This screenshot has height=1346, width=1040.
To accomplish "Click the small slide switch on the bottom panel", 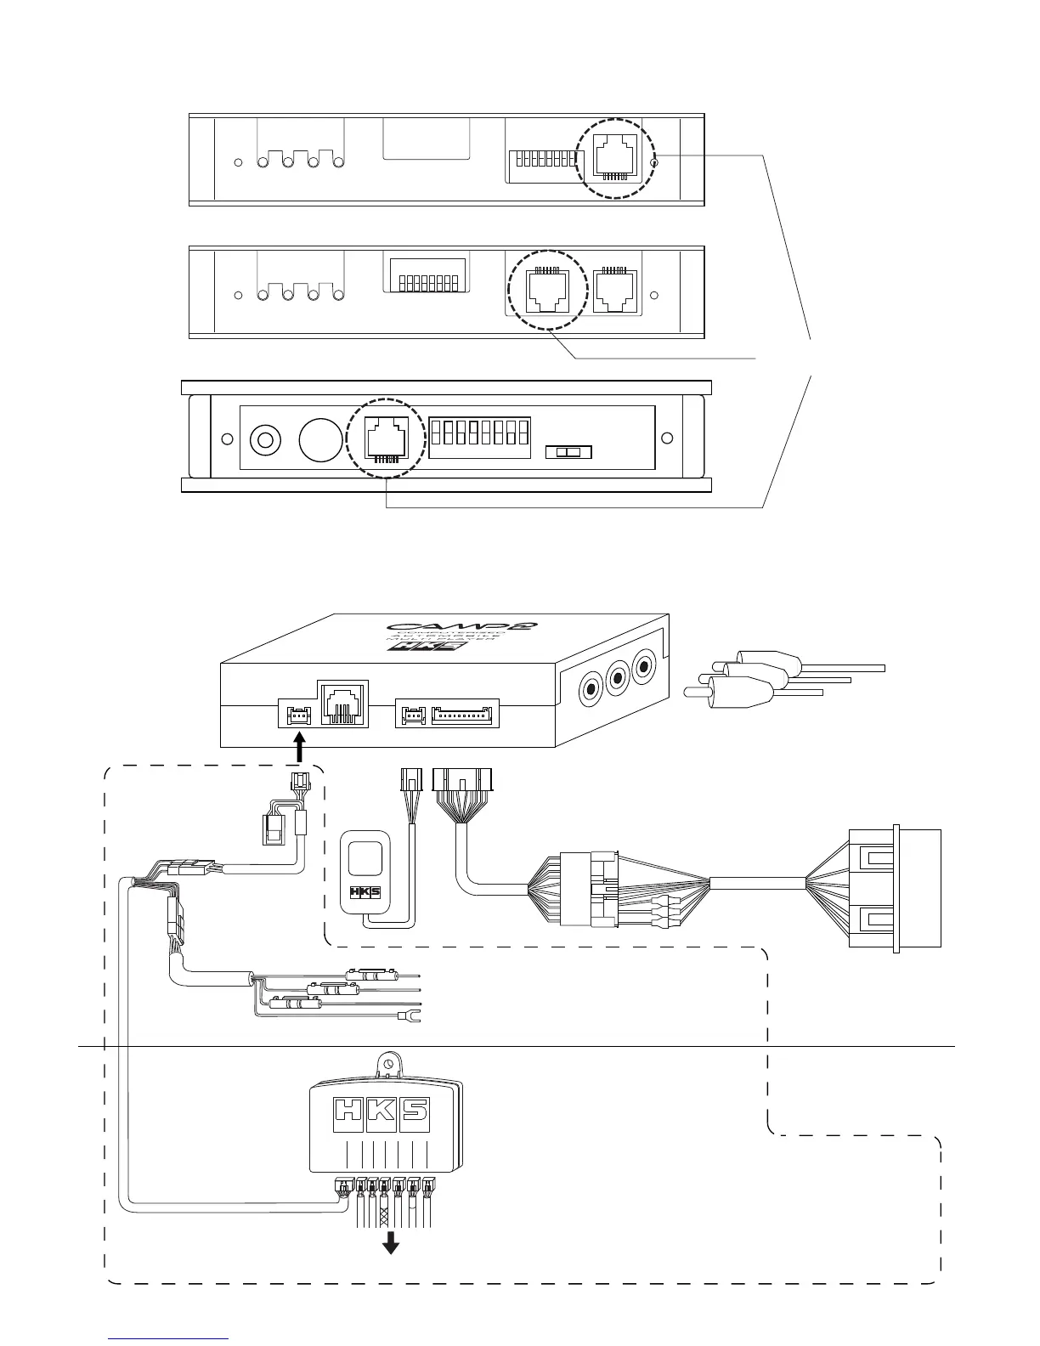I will [568, 452].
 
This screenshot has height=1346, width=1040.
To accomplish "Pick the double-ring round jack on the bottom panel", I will [265, 440].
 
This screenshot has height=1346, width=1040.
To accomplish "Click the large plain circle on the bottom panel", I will [321, 439].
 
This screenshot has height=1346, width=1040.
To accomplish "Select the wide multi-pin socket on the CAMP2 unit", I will [464, 715].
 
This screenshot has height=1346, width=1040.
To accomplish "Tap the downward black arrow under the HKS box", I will [391, 1243].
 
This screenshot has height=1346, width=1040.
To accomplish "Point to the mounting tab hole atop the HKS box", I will [388, 1062].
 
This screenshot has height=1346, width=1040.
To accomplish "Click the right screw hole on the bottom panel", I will [667, 438].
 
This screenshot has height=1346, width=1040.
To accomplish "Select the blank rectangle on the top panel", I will [427, 138].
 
